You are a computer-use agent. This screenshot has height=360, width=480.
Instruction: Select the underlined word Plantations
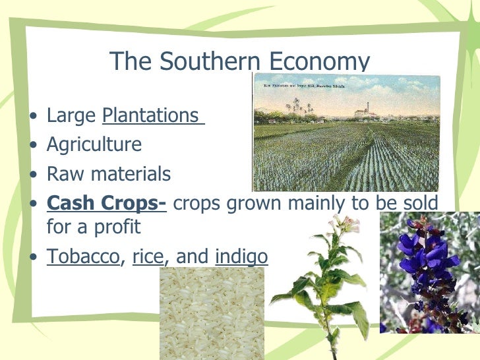pyautogui.click(x=150, y=115)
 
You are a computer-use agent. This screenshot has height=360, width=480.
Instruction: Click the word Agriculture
pyautogui.click(x=94, y=144)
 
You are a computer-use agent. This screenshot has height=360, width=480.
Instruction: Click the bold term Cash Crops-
pyautogui.click(x=106, y=203)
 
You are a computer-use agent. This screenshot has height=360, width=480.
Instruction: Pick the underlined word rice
pyautogui.click(x=147, y=256)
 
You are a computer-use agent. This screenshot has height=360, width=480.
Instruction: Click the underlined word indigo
pyautogui.click(x=241, y=256)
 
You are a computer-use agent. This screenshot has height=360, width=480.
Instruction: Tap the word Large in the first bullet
pyautogui.click(x=71, y=116)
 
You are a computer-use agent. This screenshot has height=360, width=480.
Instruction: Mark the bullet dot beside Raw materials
pyautogui.click(x=34, y=175)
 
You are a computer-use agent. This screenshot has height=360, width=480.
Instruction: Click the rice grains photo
pyautogui.click(x=211, y=313)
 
